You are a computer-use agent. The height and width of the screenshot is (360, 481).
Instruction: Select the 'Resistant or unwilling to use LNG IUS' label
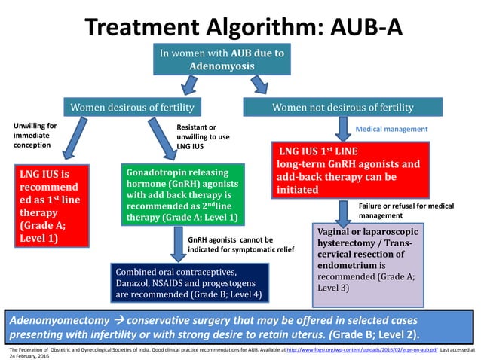[203, 136]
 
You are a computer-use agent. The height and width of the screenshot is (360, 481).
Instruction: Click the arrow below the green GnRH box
[174, 243]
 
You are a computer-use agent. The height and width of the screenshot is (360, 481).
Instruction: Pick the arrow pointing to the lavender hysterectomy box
[343, 209]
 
